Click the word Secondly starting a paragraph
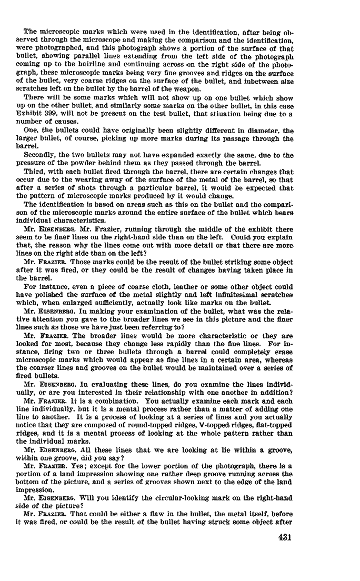(x=41, y=155)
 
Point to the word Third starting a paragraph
(x=35, y=172)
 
